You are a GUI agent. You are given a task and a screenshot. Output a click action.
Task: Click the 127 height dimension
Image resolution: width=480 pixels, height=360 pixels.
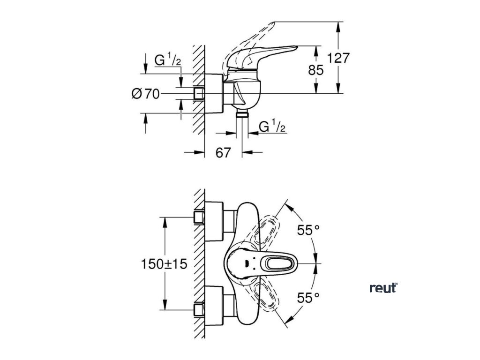[x=338, y=58]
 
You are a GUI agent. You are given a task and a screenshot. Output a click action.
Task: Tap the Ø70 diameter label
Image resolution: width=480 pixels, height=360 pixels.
[x=145, y=94]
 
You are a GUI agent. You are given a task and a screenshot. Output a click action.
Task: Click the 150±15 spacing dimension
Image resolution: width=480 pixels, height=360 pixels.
[x=164, y=264]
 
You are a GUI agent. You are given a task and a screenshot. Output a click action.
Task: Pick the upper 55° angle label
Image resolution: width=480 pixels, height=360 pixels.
[x=308, y=230]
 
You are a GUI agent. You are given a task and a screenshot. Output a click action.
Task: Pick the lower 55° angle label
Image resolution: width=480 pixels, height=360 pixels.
[x=308, y=297]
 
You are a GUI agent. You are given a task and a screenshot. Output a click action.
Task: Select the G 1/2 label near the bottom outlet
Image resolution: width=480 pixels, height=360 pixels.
[x=272, y=127]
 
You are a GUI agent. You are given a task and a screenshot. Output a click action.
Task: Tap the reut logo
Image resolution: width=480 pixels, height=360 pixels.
[x=383, y=288]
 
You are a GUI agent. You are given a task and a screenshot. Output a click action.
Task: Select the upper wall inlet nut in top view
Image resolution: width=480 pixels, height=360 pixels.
[x=199, y=217]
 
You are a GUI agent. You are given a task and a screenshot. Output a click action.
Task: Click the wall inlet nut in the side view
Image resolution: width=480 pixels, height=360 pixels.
[x=200, y=93]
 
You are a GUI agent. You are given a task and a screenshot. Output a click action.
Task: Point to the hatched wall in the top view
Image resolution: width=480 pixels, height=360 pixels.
[x=200, y=262]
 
